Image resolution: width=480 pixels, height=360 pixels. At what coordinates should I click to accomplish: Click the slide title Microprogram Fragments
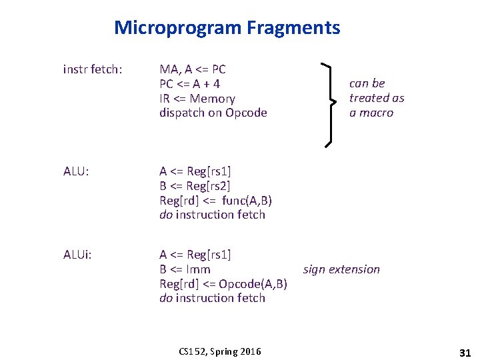tap(227, 28)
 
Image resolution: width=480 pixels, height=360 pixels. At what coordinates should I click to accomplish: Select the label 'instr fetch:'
tap(93, 69)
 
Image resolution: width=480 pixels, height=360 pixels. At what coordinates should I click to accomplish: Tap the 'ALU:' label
tap(77, 171)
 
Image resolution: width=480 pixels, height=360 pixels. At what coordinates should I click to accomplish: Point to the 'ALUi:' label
tap(78, 255)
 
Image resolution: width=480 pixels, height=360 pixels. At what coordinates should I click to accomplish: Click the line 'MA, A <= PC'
tap(193, 69)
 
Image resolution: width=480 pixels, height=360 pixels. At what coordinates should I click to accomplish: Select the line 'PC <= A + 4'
tap(190, 84)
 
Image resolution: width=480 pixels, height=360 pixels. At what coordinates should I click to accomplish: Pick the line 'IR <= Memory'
tap(197, 99)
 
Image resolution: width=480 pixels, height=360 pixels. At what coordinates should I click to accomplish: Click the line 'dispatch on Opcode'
tap(213, 113)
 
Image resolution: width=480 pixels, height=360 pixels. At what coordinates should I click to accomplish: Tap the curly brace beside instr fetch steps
tap(328, 103)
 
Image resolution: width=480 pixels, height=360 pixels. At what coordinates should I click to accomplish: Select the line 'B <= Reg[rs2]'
tap(195, 186)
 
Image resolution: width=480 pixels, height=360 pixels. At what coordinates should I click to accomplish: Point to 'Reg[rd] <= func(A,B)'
tap(216, 201)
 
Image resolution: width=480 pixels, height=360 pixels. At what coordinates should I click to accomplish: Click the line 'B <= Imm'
tap(185, 269)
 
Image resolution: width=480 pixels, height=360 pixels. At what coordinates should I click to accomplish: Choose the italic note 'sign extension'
tap(341, 269)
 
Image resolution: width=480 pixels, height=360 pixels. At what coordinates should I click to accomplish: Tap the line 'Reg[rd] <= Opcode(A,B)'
tap(223, 284)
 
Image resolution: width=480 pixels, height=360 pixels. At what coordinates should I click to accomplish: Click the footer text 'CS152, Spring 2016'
tap(220, 351)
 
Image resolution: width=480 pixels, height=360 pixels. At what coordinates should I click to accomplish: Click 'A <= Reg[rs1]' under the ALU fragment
tap(195, 171)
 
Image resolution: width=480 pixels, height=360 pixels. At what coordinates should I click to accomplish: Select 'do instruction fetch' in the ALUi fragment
tap(213, 298)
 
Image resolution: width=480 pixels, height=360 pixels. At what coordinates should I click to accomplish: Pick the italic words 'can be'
tap(367, 83)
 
